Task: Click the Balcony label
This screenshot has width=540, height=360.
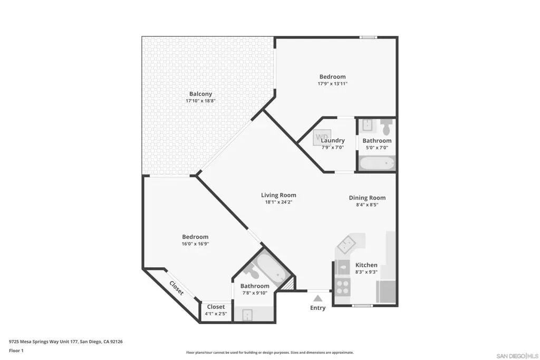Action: (x=200, y=94)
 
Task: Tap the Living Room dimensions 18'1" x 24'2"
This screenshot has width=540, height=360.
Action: (x=278, y=202)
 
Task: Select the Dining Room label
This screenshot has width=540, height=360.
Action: (x=367, y=198)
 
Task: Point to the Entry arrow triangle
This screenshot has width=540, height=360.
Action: (x=318, y=298)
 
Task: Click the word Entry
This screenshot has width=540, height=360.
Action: (x=317, y=308)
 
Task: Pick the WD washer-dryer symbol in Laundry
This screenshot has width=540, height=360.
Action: (x=322, y=138)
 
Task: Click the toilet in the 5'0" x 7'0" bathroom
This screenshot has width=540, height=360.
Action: (x=387, y=127)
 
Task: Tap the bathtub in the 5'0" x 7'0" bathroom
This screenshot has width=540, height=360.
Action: (x=377, y=163)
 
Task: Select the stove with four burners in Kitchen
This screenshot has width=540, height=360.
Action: (x=342, y=287)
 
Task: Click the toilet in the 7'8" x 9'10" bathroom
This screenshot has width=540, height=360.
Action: (x=253, y=273)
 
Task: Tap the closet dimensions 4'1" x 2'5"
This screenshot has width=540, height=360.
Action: (x=216, y=314)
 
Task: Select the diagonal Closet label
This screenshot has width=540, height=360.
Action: (x=177, y=288)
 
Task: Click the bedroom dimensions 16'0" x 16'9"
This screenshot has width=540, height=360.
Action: (x=195, y=244)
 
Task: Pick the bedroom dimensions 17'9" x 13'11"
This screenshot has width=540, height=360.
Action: (x=333, y=83)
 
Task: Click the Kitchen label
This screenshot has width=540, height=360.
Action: (x=367, y=265)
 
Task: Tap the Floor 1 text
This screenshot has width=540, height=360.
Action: (x=16, y=351)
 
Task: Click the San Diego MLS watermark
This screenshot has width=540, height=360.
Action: (x=517, y=356)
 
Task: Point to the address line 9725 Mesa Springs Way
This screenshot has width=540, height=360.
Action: (x=66, y=342)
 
